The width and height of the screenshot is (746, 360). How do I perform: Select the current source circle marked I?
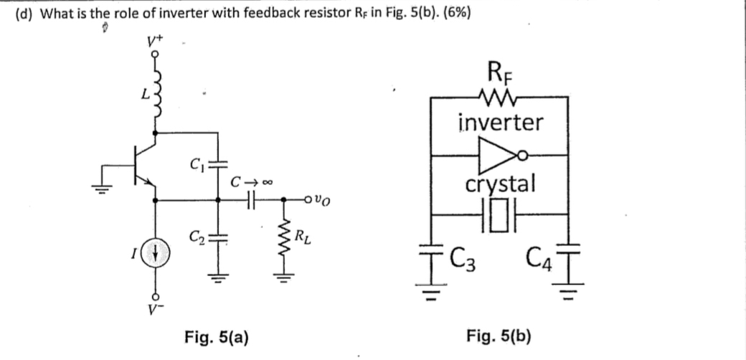156,254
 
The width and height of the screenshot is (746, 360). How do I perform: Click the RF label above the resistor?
500,73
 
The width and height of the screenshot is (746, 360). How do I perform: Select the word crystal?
500,184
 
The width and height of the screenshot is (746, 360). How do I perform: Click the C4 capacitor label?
538,254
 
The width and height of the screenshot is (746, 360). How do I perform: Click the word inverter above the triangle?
500,122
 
